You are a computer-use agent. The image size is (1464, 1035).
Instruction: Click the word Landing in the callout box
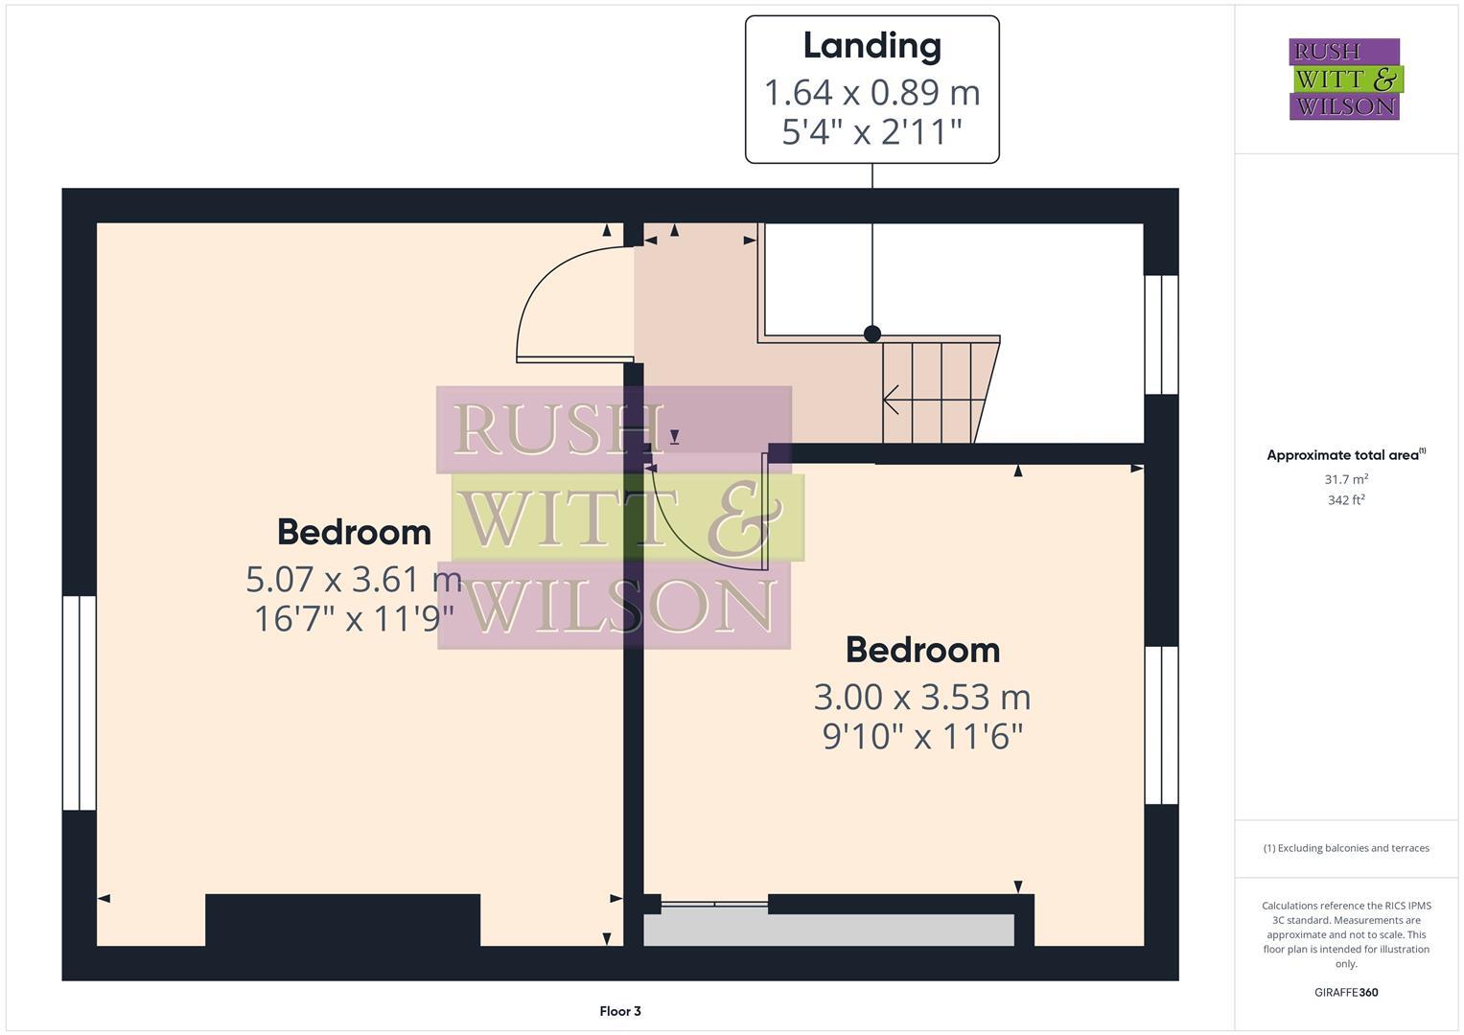point(871,45)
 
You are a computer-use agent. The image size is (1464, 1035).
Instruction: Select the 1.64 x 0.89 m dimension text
point(871,93)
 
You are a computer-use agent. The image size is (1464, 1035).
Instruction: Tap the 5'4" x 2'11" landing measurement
point(871,131)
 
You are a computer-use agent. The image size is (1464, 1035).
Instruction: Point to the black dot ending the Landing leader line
point(871,333)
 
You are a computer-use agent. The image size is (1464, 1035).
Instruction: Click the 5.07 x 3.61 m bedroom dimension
point(354,579)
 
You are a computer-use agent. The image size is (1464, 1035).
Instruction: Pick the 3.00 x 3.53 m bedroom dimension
point(921,697)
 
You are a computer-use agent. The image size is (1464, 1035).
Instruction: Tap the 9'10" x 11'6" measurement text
point(922,736)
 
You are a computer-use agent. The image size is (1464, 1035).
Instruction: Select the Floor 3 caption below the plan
point(619,1011)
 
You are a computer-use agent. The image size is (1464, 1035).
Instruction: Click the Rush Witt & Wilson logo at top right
point(1344,80)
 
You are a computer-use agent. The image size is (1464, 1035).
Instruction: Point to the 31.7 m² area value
point(1345,479)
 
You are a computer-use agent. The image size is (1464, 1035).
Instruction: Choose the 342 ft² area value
point(1345,500)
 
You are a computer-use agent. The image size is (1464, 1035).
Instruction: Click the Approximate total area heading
point(1345,455)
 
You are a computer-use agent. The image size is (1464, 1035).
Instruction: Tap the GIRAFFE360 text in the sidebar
point(1345,992)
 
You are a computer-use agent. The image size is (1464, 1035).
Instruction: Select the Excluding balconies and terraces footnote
point(1345,848)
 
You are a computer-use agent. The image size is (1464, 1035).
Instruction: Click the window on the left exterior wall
point(80,702)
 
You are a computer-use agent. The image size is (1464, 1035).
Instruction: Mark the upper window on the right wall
point(1161,334)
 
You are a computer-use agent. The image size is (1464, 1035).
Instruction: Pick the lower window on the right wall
point(1161,724)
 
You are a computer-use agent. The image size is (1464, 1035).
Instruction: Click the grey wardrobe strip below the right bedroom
point(828,930)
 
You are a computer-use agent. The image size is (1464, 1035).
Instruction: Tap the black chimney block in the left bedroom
point(342,920)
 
